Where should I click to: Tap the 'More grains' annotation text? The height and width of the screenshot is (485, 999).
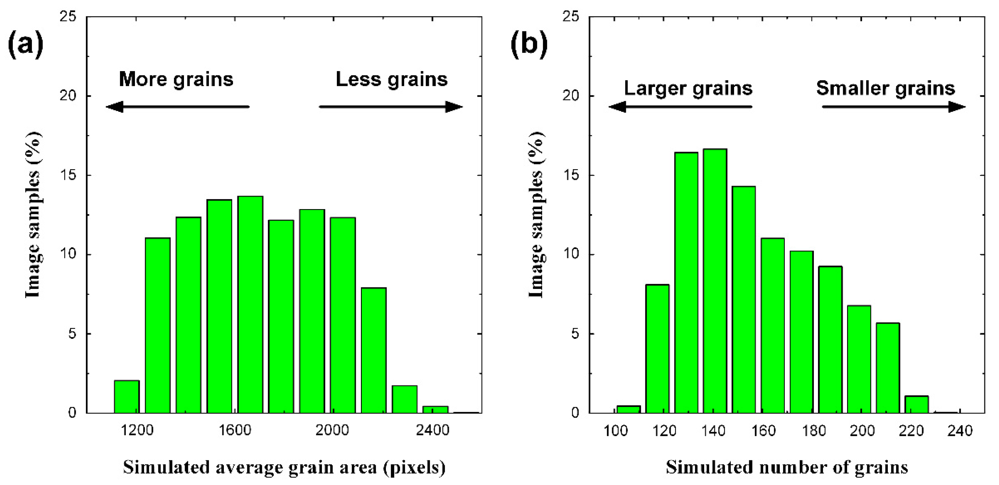(x=176, y=80)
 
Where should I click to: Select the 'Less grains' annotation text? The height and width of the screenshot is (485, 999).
(x=391, y=80)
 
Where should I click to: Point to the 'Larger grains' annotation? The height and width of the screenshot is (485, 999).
(x=688, y=88)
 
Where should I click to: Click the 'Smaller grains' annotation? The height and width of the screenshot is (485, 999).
(x=885, y=88)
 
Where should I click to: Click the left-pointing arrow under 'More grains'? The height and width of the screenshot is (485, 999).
(x=177, y=107)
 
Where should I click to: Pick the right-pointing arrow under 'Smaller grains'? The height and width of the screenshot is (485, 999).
(x=893, y=107)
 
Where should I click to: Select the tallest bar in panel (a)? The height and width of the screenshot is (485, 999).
(x=250, y=305)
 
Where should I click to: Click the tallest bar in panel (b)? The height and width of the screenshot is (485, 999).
(x=715, y=281)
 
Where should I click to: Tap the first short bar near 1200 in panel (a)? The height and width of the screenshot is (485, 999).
(x=127, y=397)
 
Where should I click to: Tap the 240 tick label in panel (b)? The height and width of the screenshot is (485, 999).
(x=960, y=431)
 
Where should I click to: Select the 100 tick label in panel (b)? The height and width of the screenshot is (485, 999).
(x=616, y=431)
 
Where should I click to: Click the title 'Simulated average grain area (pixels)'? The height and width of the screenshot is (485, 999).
(x=284, y=468)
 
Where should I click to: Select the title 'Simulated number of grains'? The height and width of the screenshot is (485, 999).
(x=787, y=468)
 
